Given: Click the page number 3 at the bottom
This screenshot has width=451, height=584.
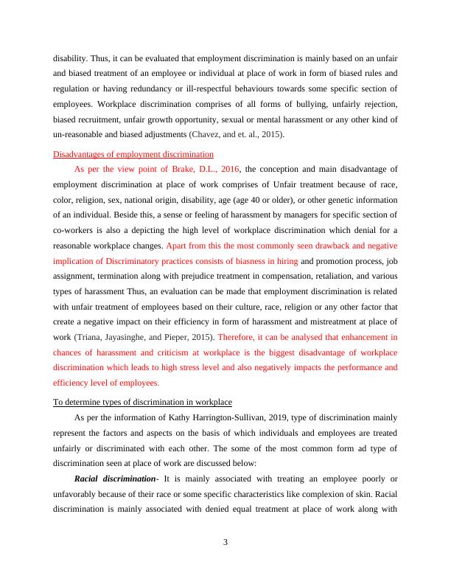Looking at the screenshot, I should pos(225,543).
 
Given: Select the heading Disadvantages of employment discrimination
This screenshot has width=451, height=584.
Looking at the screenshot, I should pos(133,154).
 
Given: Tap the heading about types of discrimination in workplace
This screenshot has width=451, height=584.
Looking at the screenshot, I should pos(143,402).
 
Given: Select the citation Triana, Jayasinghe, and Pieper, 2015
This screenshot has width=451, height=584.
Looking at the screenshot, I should pos(148,337).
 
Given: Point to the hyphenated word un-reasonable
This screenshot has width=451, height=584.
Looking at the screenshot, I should pos(80,135).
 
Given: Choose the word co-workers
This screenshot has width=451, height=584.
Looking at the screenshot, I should pos(72,232).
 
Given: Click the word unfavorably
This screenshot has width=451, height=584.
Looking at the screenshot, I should pos(77,495).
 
